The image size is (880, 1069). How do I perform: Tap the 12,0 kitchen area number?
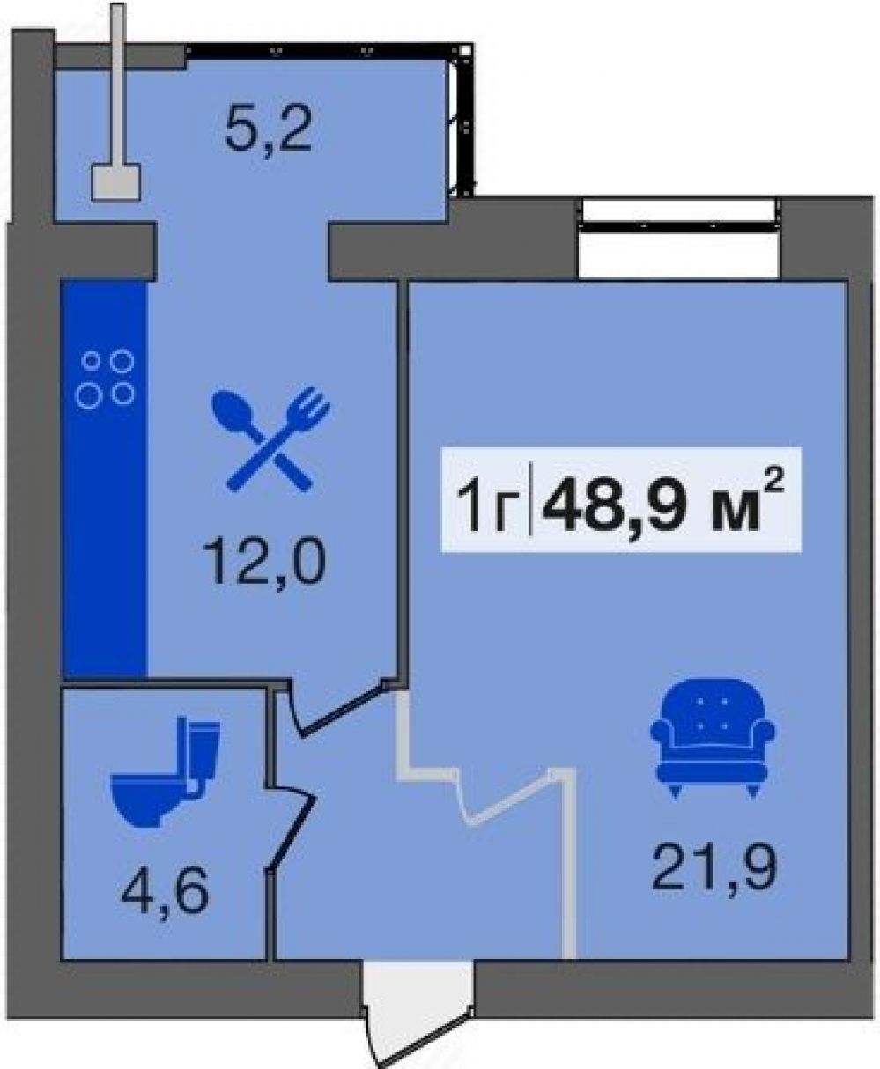[263, 561]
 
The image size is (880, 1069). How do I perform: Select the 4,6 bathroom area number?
[165, 888]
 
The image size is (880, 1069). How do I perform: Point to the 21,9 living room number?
[714, 870]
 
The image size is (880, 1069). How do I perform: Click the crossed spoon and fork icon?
[270, 439]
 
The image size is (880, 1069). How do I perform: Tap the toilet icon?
[165, 772]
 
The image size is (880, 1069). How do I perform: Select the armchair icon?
[713, 738]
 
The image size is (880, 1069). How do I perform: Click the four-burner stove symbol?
[105, 380]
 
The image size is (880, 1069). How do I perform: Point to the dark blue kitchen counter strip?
[105, 478]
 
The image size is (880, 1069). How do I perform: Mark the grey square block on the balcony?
[115, 182]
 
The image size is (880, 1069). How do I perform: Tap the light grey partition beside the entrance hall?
[569, 864]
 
